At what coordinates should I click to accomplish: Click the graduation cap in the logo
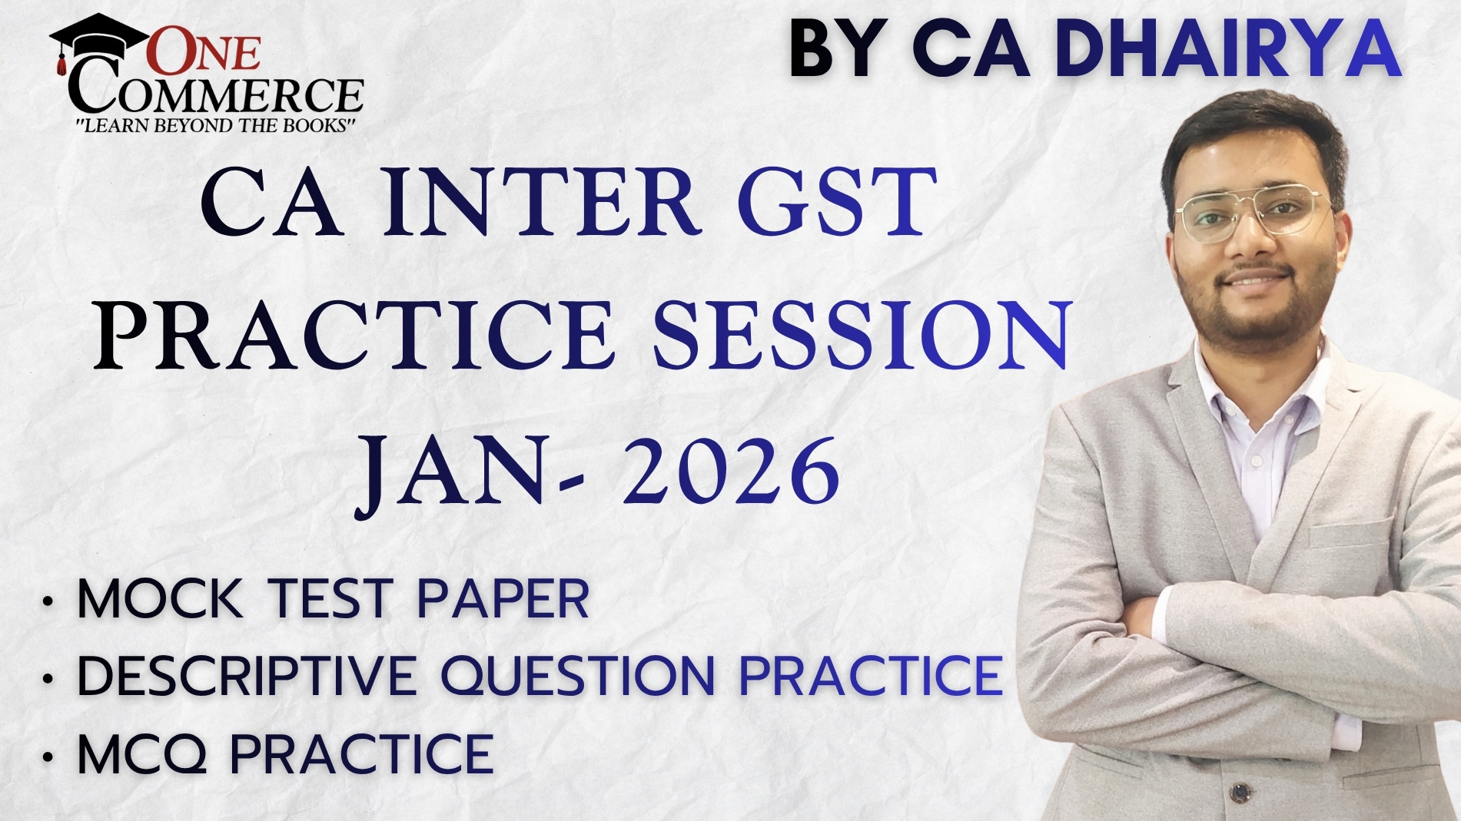98,37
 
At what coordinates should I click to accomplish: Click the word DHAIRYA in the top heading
1228,49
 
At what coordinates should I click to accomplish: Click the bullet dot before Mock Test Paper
49,601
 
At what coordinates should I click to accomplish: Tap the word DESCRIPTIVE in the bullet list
246,676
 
